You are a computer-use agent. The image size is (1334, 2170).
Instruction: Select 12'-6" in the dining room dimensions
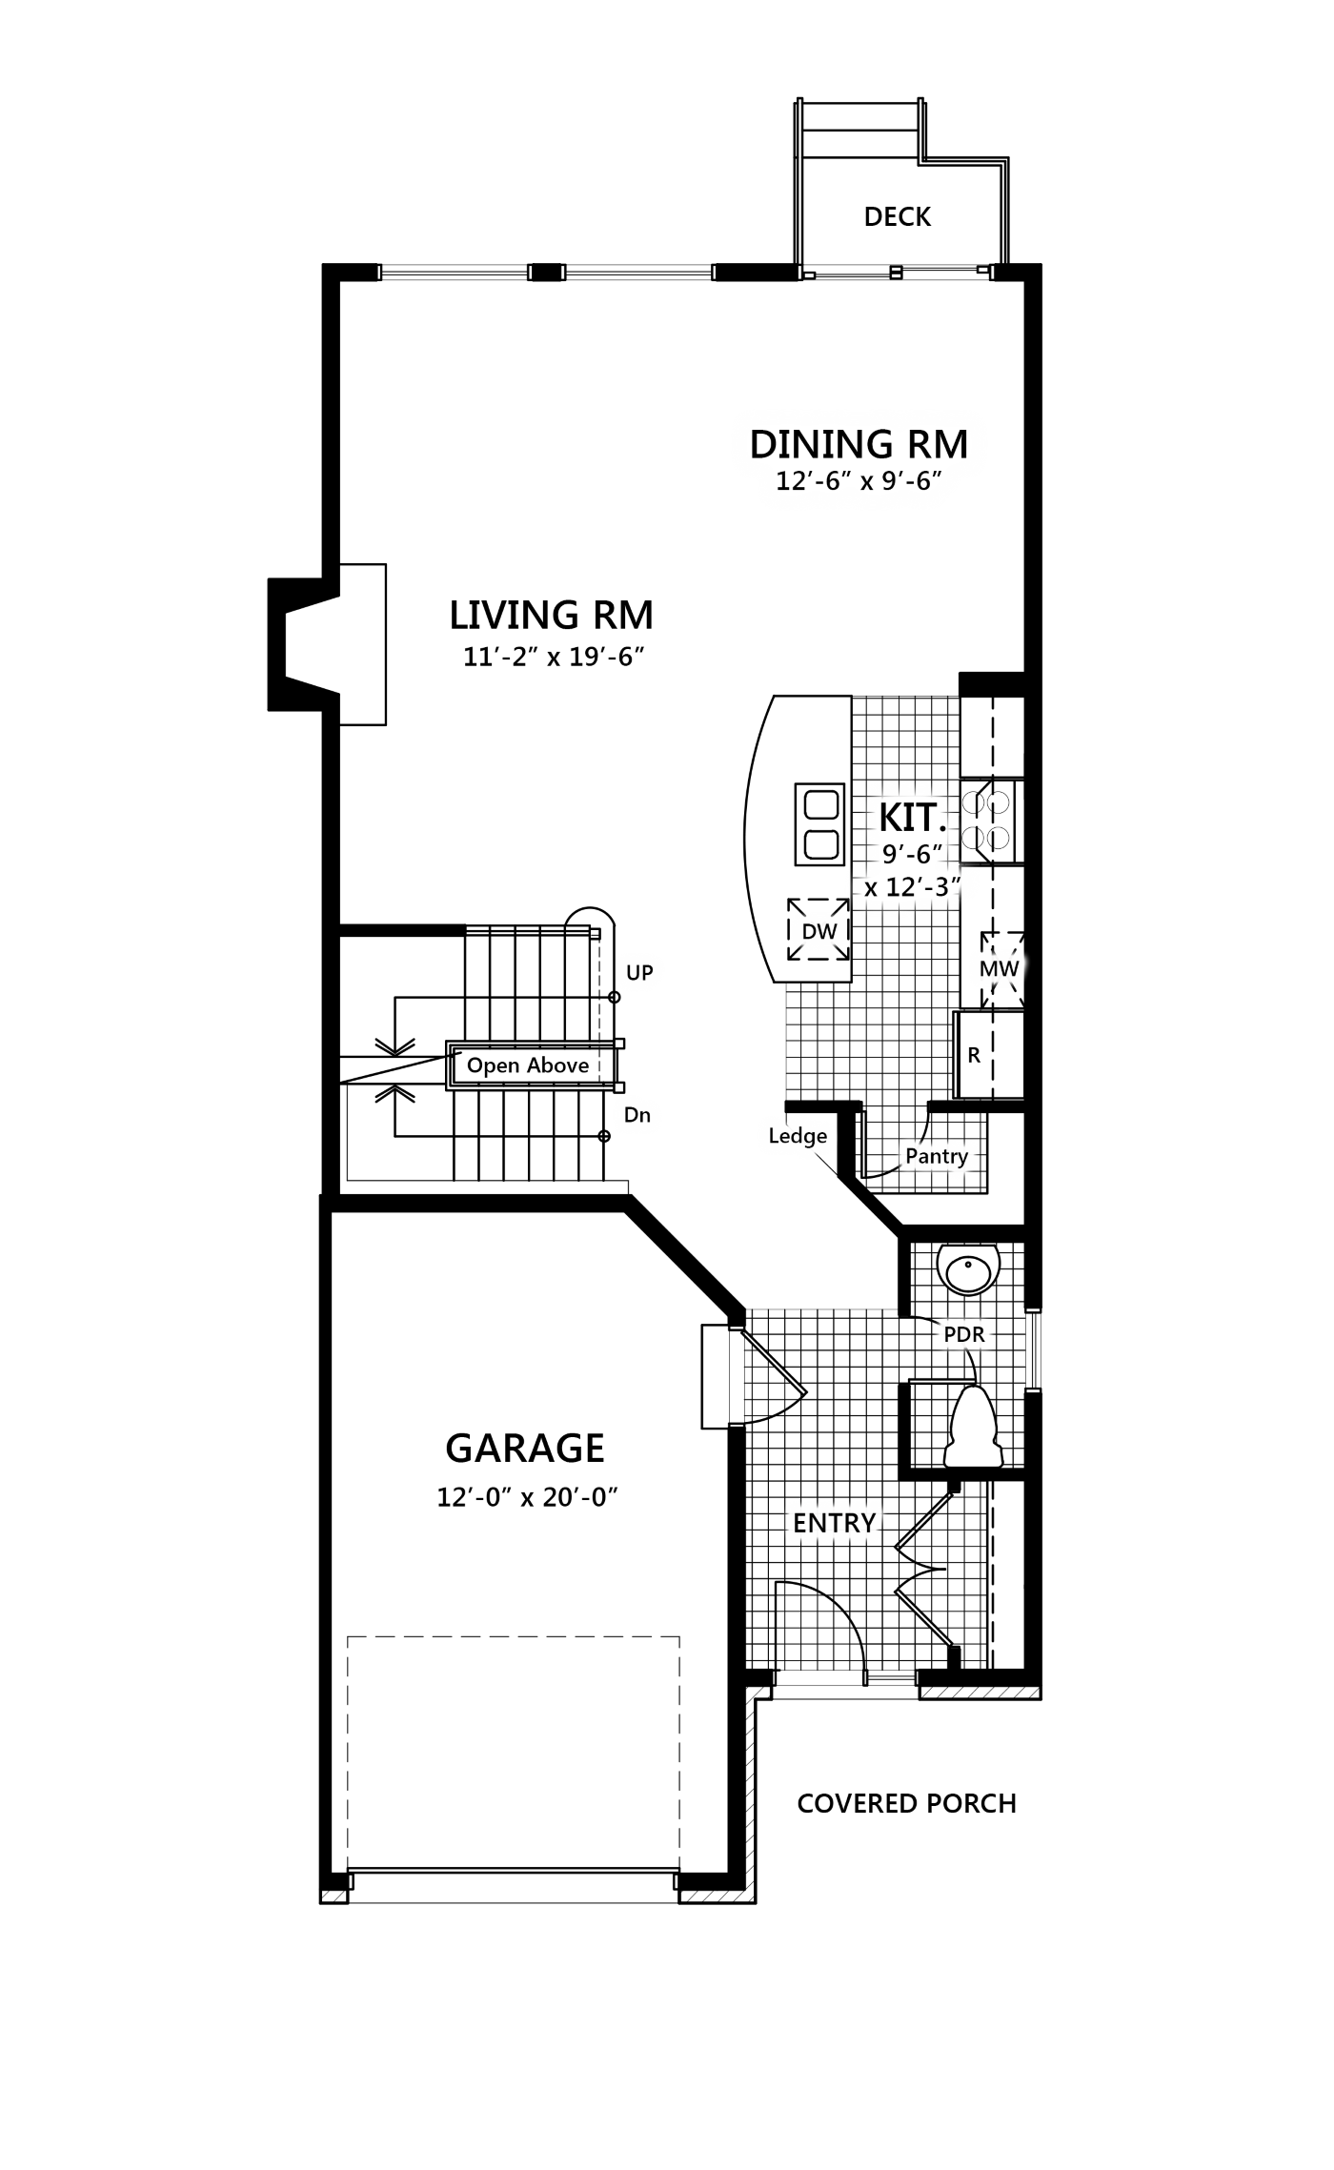pyautogui.click(x=813, y=481)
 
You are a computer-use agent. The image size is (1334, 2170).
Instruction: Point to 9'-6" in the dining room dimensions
pyautogui.click(x=911, y=481)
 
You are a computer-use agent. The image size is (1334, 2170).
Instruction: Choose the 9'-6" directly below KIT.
pyautogui.click(x=912, y=853)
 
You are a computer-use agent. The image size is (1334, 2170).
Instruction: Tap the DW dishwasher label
pyautogui.click(x=819, y=932)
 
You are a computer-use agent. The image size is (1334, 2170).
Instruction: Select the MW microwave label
pyautogui.click(x=999, y=969)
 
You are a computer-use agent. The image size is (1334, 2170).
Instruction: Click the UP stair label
pyautogui.click(x=639, y=973)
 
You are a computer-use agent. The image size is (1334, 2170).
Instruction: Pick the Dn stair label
pyautogui.click(x=637, y=1115)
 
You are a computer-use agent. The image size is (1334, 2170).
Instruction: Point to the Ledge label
pyautogui.click(x=798, y=1136)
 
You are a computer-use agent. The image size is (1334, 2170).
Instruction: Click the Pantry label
pyautogui.click(x=937, y=1156)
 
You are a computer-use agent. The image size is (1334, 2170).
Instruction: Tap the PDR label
pyautogui.click(x=963, y=1335)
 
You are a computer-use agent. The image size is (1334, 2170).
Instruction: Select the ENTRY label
pyautogui.click(x=834, y=1523)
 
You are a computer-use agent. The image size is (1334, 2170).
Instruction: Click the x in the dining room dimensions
pyautogui.click(x=867, y=482)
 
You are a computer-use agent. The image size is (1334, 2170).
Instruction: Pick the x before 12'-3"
pyautogui.click(x=871, y=889)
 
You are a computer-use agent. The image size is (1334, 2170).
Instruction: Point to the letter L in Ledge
pyautogui.click(x=775, y=1135)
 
